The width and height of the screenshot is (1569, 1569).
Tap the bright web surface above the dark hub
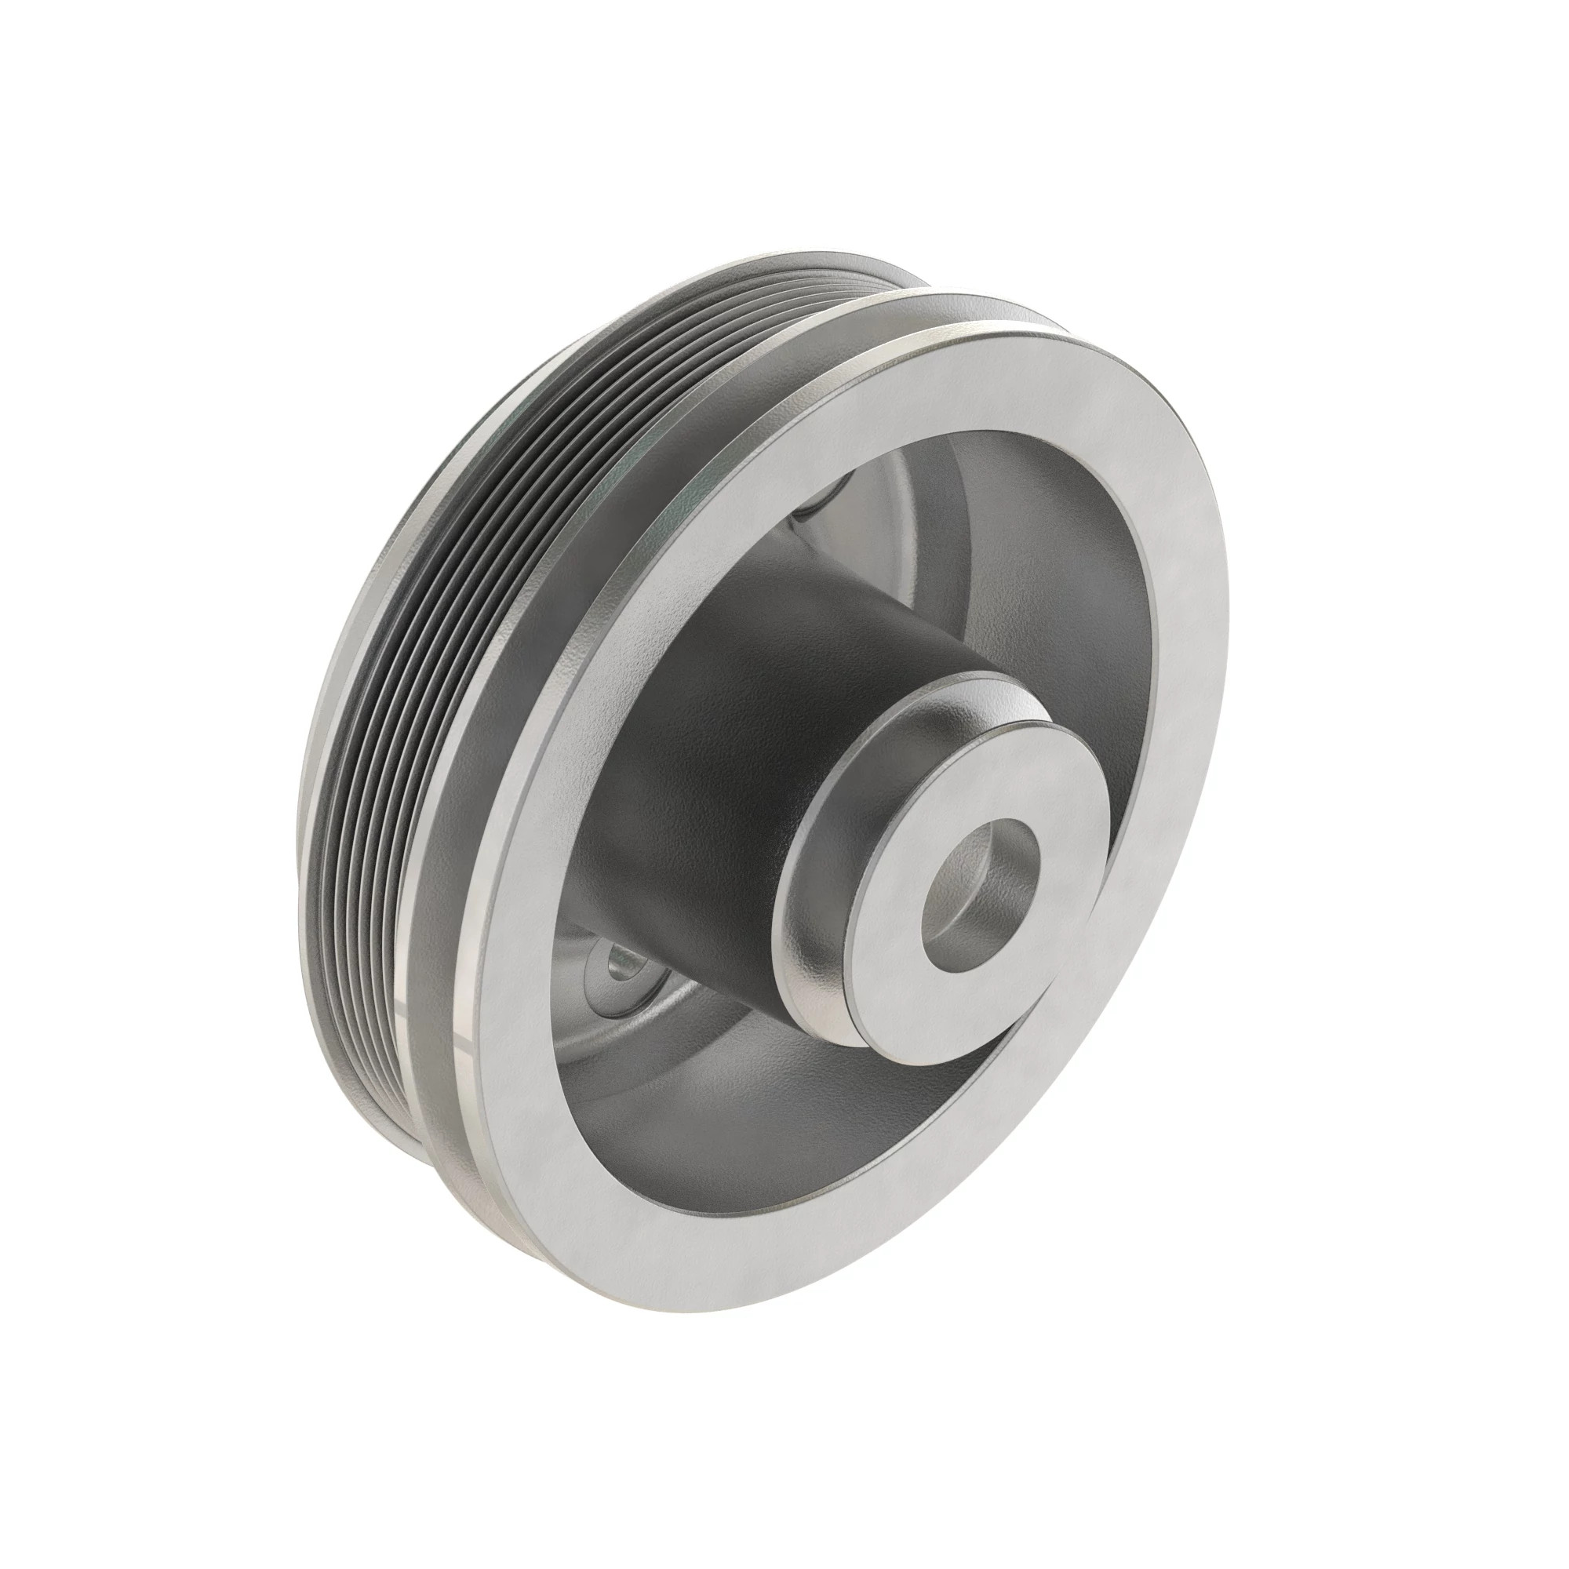[x=909, y=504]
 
